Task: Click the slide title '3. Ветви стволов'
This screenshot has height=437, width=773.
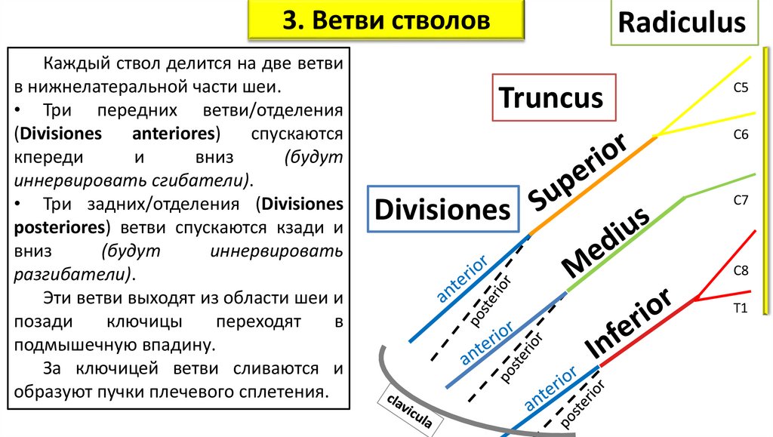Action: (x=386, y=20)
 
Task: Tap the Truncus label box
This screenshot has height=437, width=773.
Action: (x=551, y=97)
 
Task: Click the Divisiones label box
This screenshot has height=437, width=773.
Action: (x=443, y=208)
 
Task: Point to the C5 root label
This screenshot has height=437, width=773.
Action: (x=741, y=88)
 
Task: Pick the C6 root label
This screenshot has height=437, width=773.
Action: (x=741, y=134)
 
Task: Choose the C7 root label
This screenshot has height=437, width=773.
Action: (x=741, y=200)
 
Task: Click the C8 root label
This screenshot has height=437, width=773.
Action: (x=741, y=269)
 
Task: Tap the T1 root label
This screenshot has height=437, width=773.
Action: (x=741, y=307)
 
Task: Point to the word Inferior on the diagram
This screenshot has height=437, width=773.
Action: (x=629, y=323)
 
